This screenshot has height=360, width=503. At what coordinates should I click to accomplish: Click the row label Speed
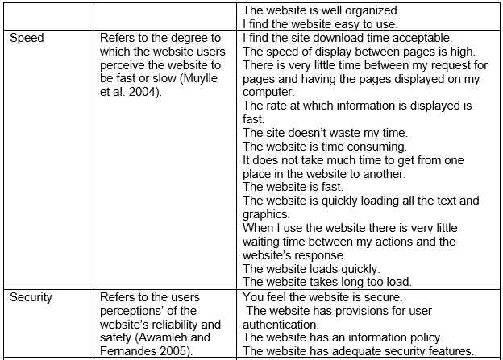(x=27, y=38)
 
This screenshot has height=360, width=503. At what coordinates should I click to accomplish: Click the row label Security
(x=31, y=297)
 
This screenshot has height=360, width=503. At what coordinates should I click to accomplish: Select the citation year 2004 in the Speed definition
(x=146, y=92)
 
